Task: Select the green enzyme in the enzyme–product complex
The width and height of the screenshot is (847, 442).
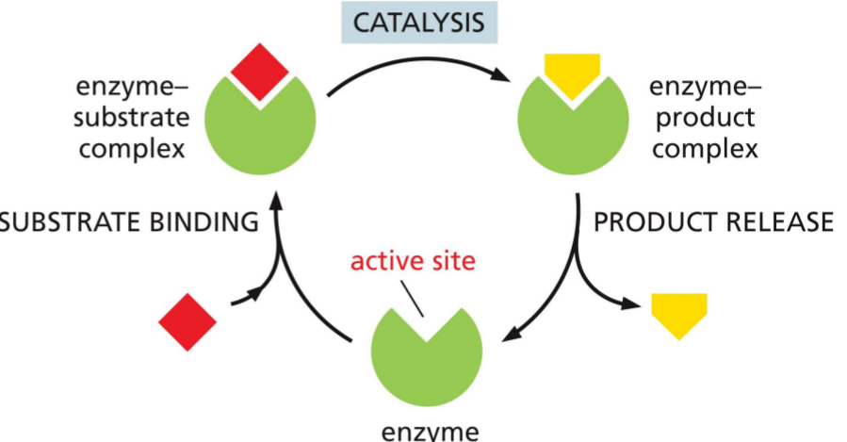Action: (x=570, y=127)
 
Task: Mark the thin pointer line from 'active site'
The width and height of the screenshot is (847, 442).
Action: (x=415, y=302)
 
